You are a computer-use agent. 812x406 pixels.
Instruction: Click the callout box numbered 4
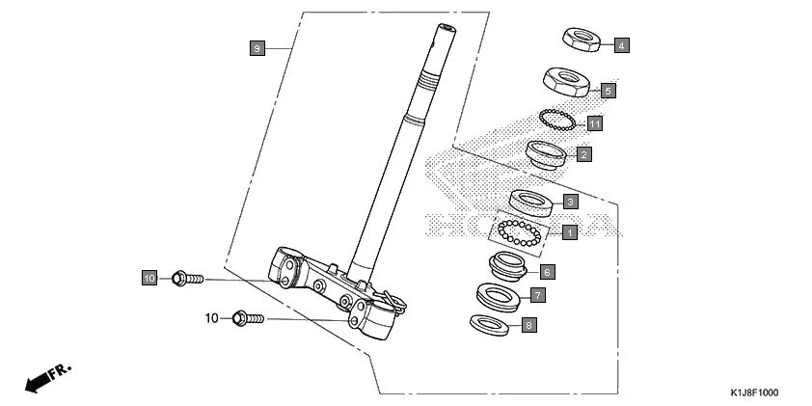click(621, 45)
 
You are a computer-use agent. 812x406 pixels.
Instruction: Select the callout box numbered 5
click(608, 90)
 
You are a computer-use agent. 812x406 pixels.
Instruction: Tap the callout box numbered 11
click(595, 123)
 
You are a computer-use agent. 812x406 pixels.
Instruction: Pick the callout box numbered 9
click(256, 47)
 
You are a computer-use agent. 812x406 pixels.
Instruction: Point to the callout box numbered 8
click(528, 325)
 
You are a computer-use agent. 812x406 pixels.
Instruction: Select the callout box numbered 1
click(569, 232)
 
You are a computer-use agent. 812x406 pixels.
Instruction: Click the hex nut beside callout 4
click(582, 40)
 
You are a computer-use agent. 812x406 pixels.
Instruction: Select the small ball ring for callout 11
click(557, 120)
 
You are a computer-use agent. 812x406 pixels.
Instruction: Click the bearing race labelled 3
click(529, 202)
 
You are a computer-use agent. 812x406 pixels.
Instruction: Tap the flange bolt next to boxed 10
click(186, 279)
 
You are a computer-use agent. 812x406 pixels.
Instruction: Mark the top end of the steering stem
click(446, 29)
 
